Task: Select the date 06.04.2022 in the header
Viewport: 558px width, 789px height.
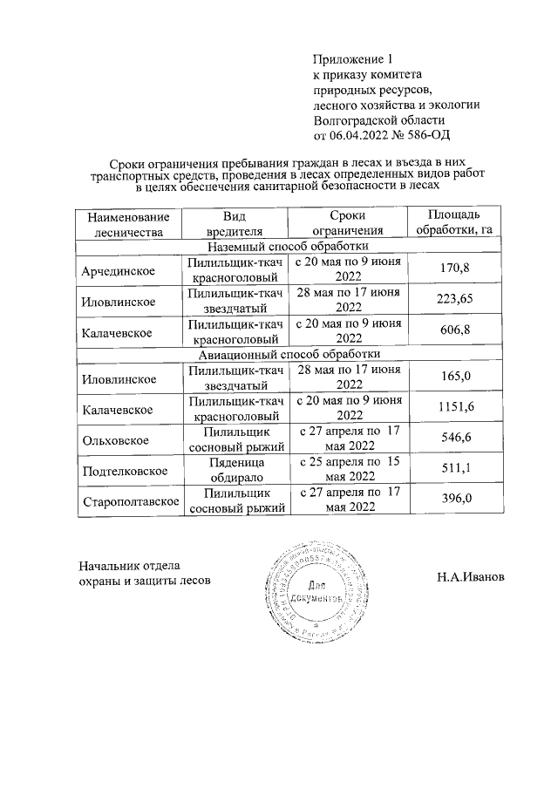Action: pyautogui.click(x=358, y=135)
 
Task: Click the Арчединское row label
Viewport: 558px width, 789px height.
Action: pyautogui.click(x=118, y=271)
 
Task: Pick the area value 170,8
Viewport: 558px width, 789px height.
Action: pyautogui.click(x=455, y=267)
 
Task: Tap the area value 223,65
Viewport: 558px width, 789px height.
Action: pyautogui.click(x=455, y=299)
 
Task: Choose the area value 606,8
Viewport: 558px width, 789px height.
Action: pyautogui.click(x=455, y=331)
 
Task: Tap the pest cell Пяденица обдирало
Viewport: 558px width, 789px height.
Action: pyautogui.click(x=237, y=470)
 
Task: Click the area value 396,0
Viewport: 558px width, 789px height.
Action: pyautogui.click(x=455, y=498)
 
